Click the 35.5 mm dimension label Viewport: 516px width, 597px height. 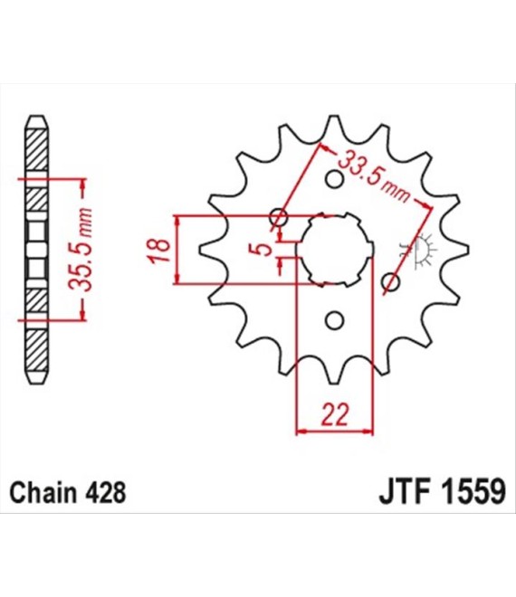point(83,248)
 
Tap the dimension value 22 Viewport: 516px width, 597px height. point(335,415)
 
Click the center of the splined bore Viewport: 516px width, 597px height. point(335,249)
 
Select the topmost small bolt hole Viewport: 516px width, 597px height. point(334,179)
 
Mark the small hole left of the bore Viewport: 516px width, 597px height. point(279,217)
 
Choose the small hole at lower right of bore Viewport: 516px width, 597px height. point(390,283)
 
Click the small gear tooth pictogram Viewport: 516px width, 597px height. point(422,248)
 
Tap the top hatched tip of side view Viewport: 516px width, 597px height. point(36,136)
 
